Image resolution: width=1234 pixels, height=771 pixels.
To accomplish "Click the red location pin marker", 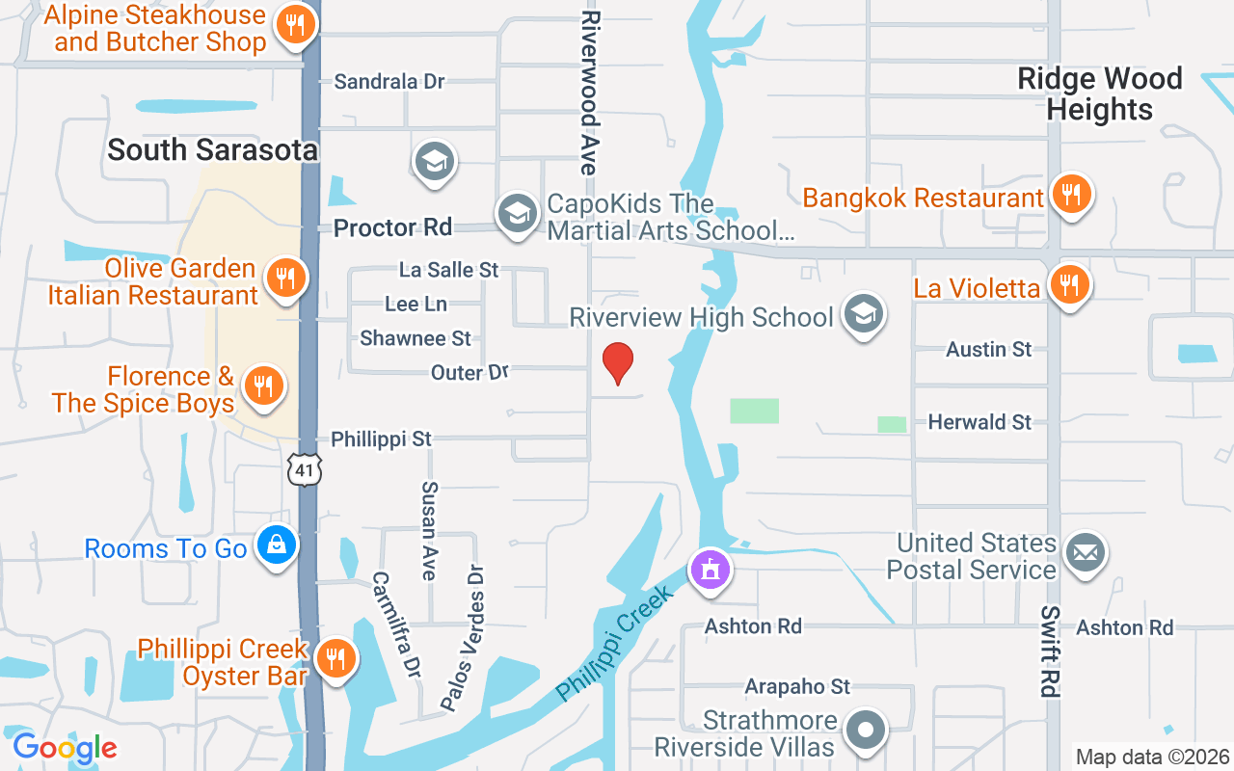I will point(618,363).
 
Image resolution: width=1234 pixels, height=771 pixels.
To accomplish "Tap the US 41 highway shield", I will point(304,470).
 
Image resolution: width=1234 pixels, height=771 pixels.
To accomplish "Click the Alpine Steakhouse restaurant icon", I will point(296,25).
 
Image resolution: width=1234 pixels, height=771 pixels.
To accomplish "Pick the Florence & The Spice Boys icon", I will point(260,386).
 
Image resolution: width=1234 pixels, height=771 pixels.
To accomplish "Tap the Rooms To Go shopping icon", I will point(277,546).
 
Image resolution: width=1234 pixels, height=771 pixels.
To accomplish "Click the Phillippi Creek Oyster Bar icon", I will point(335,659).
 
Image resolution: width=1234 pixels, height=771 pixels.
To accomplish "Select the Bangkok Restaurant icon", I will point(1070,196).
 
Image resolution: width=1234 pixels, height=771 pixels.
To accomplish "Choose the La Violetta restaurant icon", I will point(1068,285).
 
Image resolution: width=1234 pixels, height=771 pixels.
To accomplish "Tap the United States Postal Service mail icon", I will point(1086,553).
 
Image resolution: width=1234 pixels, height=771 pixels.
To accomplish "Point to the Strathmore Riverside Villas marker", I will point(865,730).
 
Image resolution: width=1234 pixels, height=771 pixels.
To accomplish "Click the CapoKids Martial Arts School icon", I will point(518,212).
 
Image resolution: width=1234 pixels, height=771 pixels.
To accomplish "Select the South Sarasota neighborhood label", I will point(212,150).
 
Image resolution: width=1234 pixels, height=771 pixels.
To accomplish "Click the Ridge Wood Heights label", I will point(1100,93).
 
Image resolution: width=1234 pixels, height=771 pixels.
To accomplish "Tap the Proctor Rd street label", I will point(392,228).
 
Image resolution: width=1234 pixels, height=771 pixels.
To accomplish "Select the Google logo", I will point(65,748).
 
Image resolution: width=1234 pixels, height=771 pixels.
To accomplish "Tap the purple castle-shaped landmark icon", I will point(711,569).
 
